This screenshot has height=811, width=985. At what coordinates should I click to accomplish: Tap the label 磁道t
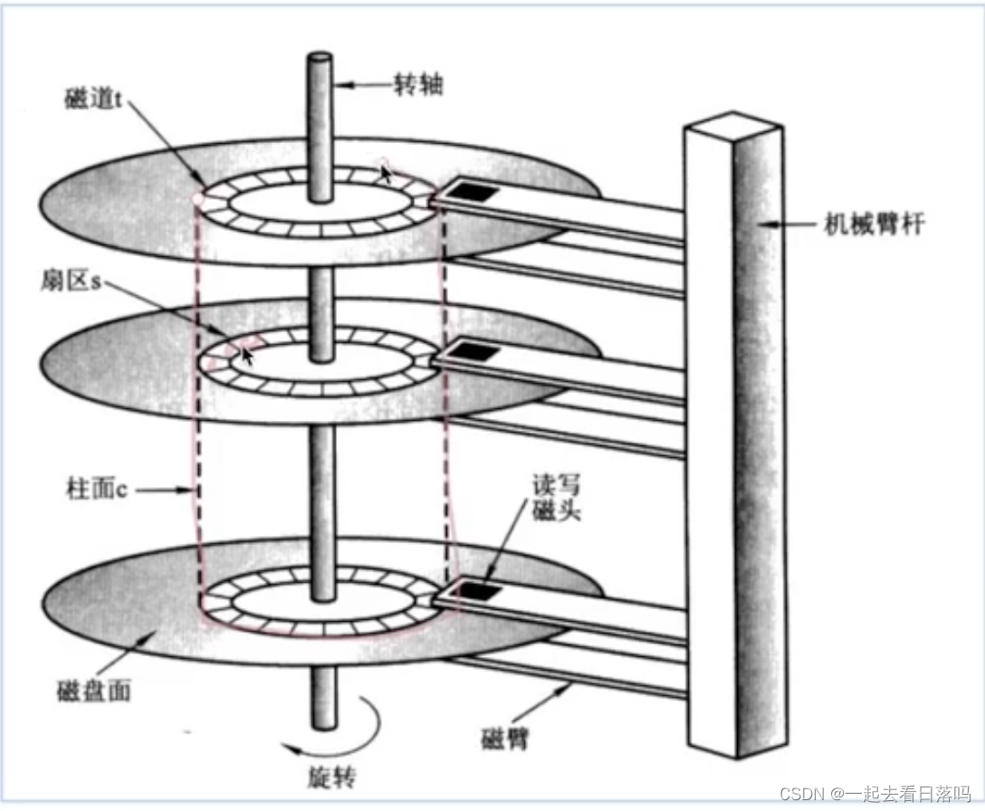pyautogui.click(x=92, y=98)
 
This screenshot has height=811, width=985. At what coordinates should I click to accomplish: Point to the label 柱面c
pyautogui.click(x=97, y=488)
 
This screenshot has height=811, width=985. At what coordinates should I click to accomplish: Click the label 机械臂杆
pyautogui.click(x=874, y=224)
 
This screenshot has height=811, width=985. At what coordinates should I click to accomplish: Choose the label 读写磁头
pyautogui.click(x=557, y=498)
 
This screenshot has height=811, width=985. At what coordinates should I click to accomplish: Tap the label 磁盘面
pyautogui.click(x=93, y=691)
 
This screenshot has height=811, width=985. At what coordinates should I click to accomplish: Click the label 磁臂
pyautogui.click(x=504, y=738)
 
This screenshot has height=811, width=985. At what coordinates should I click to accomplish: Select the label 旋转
pyautogui.click(x=331, y=778)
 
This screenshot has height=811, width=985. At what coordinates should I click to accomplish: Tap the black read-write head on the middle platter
pyautogui.click(x=474, y=351)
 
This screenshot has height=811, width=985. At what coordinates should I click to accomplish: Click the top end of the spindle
pyautogui.click(x=320, y=57)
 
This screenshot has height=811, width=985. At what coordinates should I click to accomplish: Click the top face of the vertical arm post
pyautogui.click(x=733, y=123)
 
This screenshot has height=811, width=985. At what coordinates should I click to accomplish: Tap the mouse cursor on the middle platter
pyautogui.click(x=247, y=356)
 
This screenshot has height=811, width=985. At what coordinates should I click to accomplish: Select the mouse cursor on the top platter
pyautogui.click(x=386, y=172)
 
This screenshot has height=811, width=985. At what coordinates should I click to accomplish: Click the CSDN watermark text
pyautogui.click(x=875, y=794)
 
